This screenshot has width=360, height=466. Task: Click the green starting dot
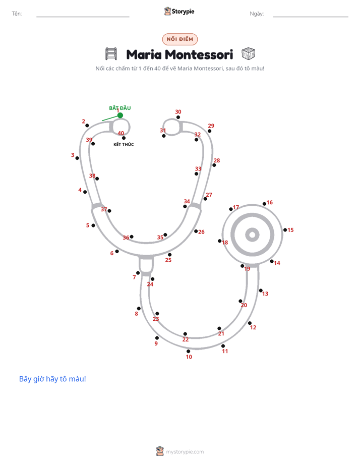(x=120, y=115)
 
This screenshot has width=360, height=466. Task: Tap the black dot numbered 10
(x=188, y=352)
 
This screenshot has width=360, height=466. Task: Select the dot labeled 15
(x=285, y=230)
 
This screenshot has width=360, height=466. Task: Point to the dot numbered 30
(x=178, y=117)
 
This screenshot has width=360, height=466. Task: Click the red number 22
(x=186, y=339)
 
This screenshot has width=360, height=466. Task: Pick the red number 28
(x=217, y=160)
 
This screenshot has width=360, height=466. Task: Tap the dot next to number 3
(x=77, y=158)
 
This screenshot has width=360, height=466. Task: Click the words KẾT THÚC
(x=124, y=144)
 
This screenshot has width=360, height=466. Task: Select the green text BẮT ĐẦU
(x=120, y=108)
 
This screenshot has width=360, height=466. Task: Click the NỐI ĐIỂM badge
(x=180, y=39)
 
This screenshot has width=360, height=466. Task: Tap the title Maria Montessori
(x=179, y=54)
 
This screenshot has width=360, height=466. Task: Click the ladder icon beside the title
(x=111, y=54)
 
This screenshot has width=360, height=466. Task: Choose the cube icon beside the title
(x=248, y=54)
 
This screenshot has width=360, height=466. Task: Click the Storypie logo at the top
(x=179, y=11)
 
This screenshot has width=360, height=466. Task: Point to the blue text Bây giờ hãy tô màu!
(x=52, y=379)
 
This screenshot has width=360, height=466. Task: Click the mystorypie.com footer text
(x=185, y=452)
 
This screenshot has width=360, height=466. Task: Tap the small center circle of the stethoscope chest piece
(x=253, y=235)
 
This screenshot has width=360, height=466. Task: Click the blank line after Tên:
(x=83, y=17)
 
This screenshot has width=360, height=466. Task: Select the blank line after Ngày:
(x=311, y=17)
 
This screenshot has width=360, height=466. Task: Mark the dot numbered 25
(x=169, y=255)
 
